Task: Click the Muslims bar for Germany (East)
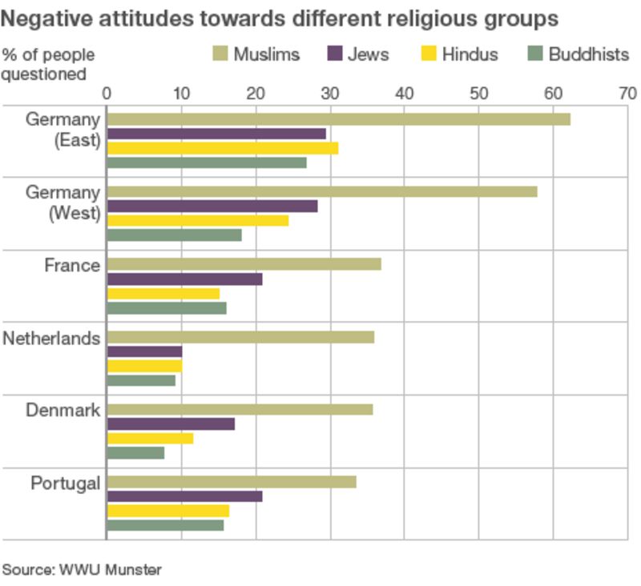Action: pyautogui.click(x=338, y=119)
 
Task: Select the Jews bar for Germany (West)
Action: pyautogui.click(x=212, y=206)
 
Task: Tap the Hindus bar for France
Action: pyautogui.click(x=163, y=293)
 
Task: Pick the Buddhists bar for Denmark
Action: pyautogui.click(x=135, y=452)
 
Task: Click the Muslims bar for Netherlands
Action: pyautogui.click(x=240, y=337)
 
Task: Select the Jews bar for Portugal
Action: pyautogui.click(x=184, y=496)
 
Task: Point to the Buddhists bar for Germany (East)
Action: pyautogui.click(x=206, y=163)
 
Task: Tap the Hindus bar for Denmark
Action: pyautogui.click(x=150, y=438)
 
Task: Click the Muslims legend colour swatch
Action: pyautogui.click(x=220, y=54)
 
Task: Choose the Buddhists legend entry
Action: pyautogui.click(x=577, y=54)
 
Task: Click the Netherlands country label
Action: pyautogui.click(x=51, y=338)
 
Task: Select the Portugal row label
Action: pyautogui.click(x=65, y=483)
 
